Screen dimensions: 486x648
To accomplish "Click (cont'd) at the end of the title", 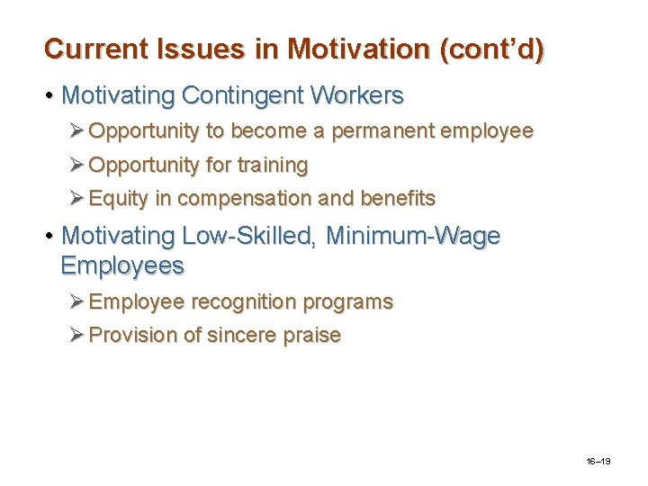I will (x=490, y=49).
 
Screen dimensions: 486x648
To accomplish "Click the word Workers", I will (x=356, y=94).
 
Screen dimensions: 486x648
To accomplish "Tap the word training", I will (x=273, y=166).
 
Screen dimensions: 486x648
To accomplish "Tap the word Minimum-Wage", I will (x=413, y=237).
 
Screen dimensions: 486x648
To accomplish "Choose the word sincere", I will (x=240, y=336).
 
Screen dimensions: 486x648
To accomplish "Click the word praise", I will (x=311, y=336).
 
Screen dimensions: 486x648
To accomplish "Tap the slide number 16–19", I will (x=598, y=461).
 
